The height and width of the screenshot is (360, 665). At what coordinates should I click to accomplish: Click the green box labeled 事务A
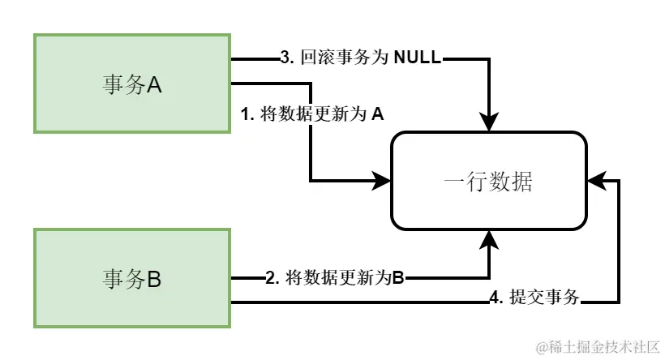tap(132, 83)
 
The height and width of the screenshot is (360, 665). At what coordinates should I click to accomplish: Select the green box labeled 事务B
tap(132, 278)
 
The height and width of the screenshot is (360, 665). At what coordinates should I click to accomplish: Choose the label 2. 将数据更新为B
tap(335, 278)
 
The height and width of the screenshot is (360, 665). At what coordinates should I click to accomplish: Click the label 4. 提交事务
tap(535, 298)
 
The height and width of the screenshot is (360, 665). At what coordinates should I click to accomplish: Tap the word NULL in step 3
tap(418, 58)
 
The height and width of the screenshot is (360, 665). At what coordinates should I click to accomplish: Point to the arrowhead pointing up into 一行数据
tap(489, 237)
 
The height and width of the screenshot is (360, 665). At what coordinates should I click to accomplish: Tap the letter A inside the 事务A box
tap(154, 84)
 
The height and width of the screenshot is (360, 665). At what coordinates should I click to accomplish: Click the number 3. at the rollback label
tap(285, 58)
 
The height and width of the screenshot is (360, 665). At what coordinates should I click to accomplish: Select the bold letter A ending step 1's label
tap(377, 114)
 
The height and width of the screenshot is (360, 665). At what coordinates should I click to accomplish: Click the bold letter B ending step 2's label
tap(398, 278)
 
